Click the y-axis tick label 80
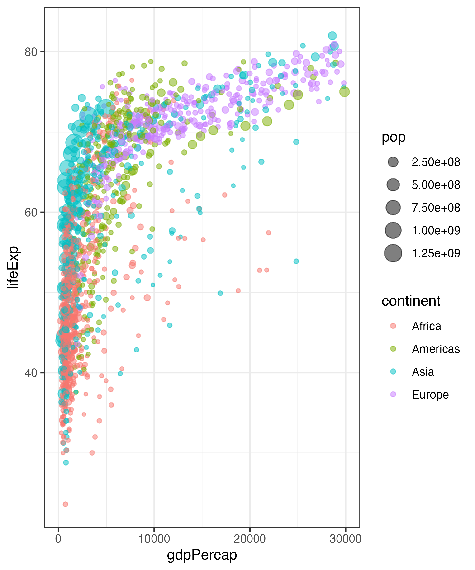tap(31, 52)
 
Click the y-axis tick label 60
tap(31, 212)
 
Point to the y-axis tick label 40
tap(31, 373)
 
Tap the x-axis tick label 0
tap(58, 539)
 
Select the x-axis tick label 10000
tap(154, 539)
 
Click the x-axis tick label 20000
tap(250, 539)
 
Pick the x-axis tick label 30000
tap(345, 539)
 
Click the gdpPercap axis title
tap(202, 555)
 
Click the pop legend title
tap(393, 137)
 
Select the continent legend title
tap(411, 301)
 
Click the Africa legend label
tap(426, 326)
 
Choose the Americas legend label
tap(436, 349)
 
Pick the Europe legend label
tap(430, 394)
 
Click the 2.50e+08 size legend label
tap(436, 162)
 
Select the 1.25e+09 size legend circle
tap(393, 253)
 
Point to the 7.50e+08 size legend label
tap(436, 208)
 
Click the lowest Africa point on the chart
tap(65, 504)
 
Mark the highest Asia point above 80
tap(332, 36)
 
